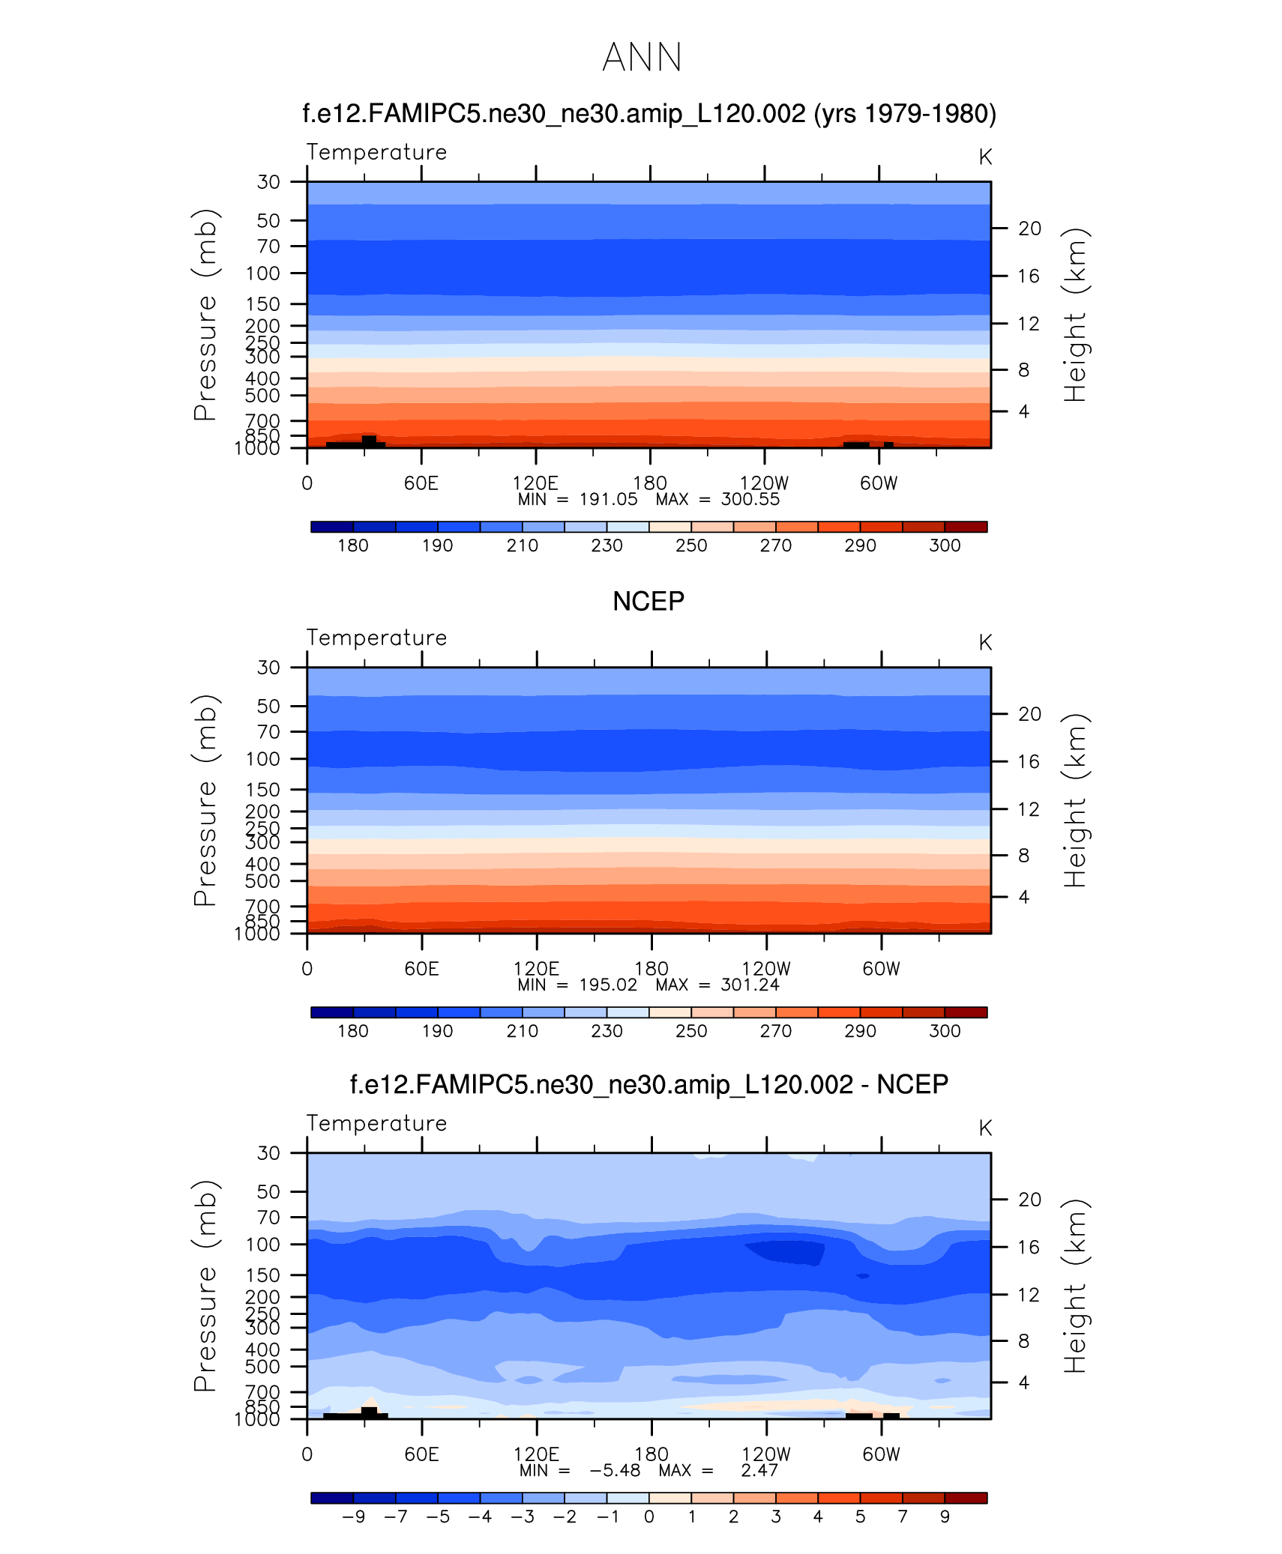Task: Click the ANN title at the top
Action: pyautogui.click(x=642, y=58)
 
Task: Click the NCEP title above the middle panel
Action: pyautogui.click(x=648, y=601)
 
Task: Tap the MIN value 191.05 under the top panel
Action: pyautogui.click(x=608, y=500)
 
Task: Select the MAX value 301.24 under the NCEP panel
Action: pyautogui.click(x=750, y=985)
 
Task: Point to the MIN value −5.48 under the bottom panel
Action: pyautogui.click(x=615, y=1471)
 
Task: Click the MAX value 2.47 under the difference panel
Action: pyautogui.click(x=759, y=1471)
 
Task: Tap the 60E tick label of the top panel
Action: pyautogui.click(x=421, y=483)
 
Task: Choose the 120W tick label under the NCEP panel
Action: pyautogui.click(x=765, y=969)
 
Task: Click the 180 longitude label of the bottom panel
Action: pyautogui.click(x=651, y=1454)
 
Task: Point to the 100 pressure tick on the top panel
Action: pyautogui.click(x=262, y=273)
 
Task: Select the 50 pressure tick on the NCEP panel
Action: pyautogui.click(x=268, y=707)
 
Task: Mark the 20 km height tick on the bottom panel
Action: pyautogui.click(x=1029, y=1200)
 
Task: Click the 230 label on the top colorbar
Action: pyautogui.click(x=607, y=545)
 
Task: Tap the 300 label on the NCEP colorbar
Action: pyautogui.click(x=945, y=1031)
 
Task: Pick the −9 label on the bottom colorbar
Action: pyautogui.click(x=353, y=1517)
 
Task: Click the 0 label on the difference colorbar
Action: pyautogui.click(x=649, y=1517)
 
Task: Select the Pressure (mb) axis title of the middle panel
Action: pyautogui.click(x=205, y=800)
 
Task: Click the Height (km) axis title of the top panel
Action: pyautogui.click(x=1074, y=315)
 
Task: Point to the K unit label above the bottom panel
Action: pyautogui.click(x=985, y=1128)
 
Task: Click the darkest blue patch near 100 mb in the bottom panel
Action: pyautogui.click(x=787, y=1252)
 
